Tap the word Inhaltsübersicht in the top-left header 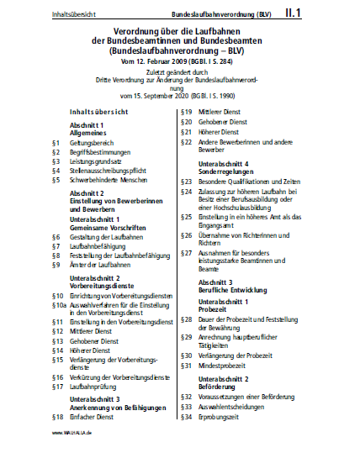[x=51, y=15]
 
